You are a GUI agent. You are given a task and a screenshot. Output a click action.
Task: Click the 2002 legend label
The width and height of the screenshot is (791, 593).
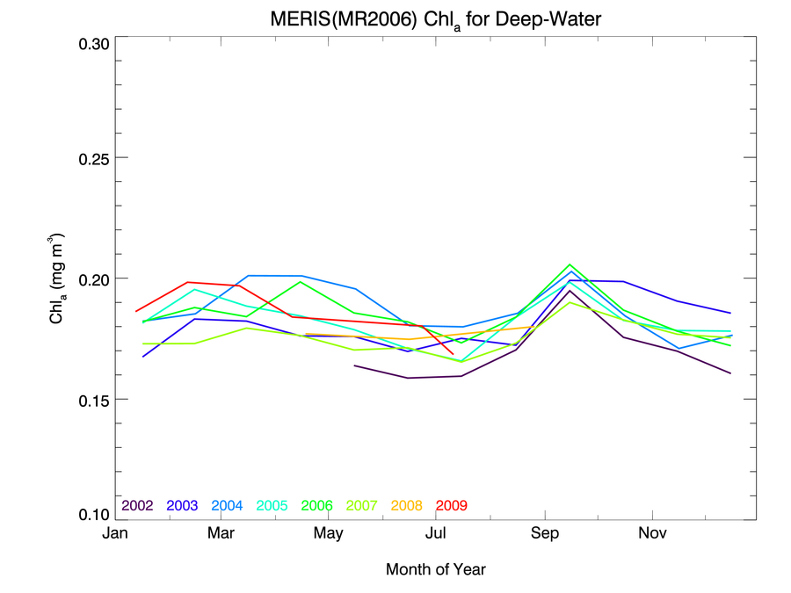pyautogui.click(x=138, y=506)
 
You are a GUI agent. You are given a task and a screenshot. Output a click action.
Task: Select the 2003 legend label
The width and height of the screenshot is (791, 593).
pyautogui.click(x=183, y=506)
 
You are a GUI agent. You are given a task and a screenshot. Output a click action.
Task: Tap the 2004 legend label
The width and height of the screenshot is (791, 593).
pyautogui.click(x=228, y=506)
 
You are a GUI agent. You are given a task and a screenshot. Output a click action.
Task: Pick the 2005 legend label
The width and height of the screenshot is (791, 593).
pyautogui.click(x=272, y=506)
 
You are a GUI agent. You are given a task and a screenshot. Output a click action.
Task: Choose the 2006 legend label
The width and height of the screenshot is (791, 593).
pyautogui.click(x=317, y=506)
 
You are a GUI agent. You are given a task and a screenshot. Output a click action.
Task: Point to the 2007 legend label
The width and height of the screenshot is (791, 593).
pyautogui.click(x=362, y=506)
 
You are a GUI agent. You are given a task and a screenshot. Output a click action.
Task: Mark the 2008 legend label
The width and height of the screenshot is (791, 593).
pyautogui.click(x=407, y=506)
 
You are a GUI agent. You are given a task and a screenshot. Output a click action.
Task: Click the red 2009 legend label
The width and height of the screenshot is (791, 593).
pyautogui.click(x=452, y=506)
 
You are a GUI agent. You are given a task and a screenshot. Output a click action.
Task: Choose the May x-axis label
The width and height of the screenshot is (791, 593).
pyautogui.click(x=328, y=533)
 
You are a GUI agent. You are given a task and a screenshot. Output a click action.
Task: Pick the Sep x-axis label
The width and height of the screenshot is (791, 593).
pyautogui.click(x=544, y=533)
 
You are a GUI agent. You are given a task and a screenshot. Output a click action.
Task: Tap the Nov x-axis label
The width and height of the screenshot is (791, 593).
pyautogui.click(x=651, y=533)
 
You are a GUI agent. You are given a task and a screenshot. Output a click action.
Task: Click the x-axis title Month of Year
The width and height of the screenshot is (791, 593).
pyautogui.click(x=435, y=569)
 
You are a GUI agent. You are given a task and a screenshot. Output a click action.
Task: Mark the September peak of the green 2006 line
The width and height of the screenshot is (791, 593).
pyautogui.click(x=570, y=264)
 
